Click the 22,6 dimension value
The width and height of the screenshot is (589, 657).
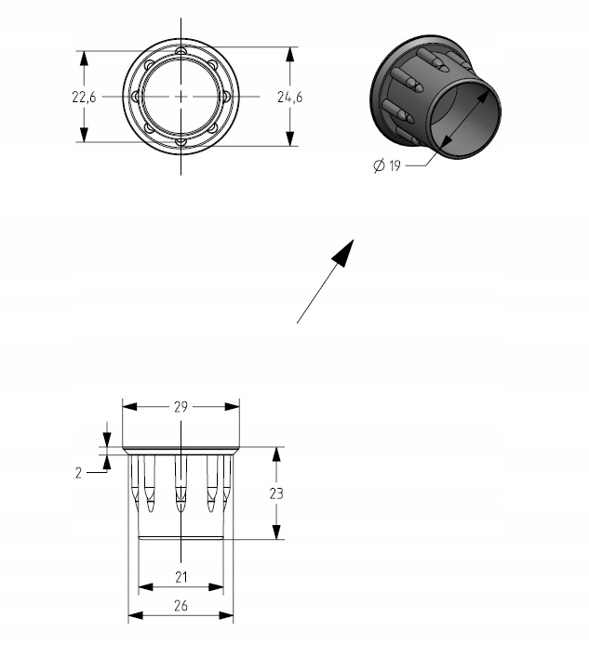click(x=85, y=96)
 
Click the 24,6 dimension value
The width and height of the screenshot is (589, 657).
click(x=290, y=96)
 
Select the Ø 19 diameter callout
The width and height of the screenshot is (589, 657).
click(x=386, y=166)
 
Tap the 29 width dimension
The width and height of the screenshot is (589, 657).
click(x=181, y=407)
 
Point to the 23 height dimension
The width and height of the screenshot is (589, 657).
click(x=276, y=493)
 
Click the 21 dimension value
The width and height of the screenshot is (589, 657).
click(x=181, y=577)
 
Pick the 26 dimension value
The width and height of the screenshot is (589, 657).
click(x=181, y=606)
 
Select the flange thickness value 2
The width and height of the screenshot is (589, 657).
click(x=79, y=472)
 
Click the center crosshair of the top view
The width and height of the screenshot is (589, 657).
click(x=181, y=96)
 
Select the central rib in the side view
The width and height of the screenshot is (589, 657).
click(x=181, y=483)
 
